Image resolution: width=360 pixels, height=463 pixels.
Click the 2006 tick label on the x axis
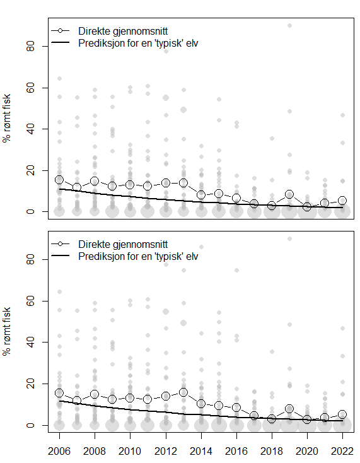tap(59, 452)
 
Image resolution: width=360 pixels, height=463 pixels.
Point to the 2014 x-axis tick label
tap(200, 452)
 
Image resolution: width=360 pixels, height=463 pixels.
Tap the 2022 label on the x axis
tap(342, 452)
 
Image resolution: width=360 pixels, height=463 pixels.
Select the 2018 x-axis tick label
tap(271, 452)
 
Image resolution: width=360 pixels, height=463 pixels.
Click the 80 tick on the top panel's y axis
tap(30, 47)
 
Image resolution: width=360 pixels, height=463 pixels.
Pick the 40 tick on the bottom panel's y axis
tap(30, 343)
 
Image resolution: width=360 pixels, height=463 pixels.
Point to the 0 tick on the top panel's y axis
tap(30, 212)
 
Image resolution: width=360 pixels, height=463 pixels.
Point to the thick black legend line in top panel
tap(59, 43)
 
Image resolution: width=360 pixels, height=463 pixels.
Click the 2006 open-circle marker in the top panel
tap(59, 180)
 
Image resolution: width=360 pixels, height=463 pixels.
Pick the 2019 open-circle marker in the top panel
tap(289, 194)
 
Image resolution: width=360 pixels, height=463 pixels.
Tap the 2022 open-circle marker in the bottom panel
tap(342, 414)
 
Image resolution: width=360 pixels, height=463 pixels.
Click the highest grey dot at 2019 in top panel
tap(289, 25)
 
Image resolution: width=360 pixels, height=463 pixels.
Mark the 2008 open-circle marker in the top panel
tap(95, 181)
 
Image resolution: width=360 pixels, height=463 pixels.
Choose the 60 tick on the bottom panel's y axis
tap(30, 301)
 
